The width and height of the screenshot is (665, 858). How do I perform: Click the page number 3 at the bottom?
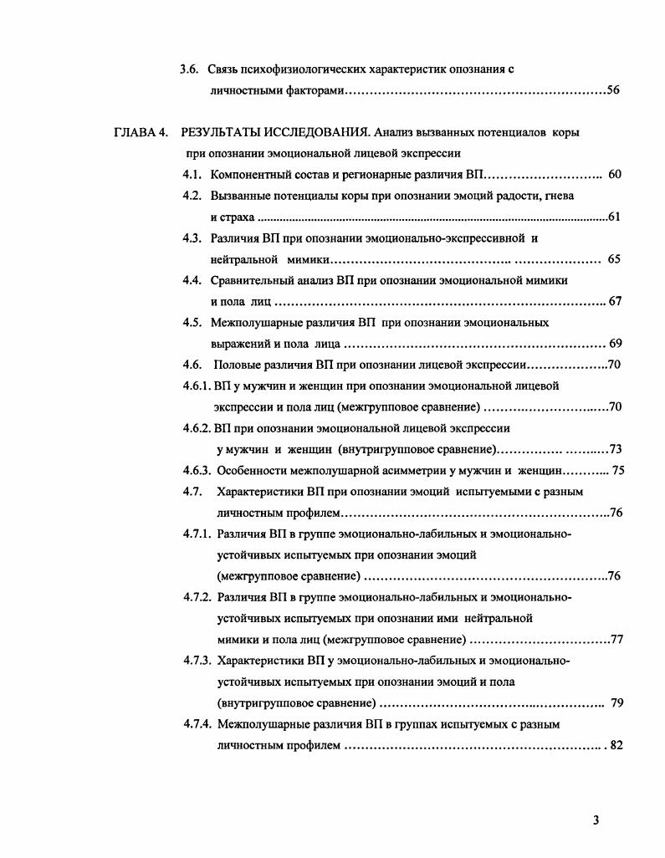point(596,820)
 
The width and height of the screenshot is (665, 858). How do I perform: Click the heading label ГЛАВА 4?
point(141,133)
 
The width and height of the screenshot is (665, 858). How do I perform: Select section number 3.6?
point(189,69)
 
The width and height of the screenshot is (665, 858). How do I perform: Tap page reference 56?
point(613,90)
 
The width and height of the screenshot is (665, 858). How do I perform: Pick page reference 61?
point(614,217)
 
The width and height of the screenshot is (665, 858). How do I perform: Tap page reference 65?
point(614,259)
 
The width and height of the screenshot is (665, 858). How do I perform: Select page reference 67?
point(615,302)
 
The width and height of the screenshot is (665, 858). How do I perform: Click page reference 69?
point(615,344)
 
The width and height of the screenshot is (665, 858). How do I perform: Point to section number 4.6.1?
point(197,386)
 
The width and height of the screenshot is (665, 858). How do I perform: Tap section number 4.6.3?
point(198,470)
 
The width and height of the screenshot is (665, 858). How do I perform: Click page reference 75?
point(618,470)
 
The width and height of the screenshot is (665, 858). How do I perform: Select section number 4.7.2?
point(198,597)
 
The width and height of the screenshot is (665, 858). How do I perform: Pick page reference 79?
point(617,702)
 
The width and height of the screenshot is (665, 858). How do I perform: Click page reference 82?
point(616,745)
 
